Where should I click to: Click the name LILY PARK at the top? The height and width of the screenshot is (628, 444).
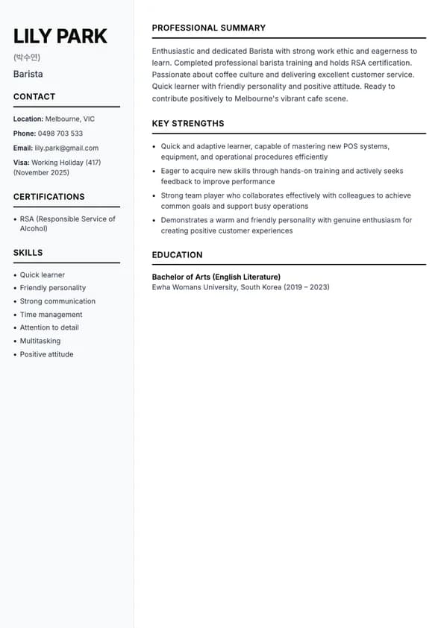pyautogui.click(x=60, y=36)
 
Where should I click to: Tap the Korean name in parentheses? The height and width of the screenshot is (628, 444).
pyautogui.click(x=27, y=57)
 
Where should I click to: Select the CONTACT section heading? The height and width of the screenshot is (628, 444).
pyautogui.click(x=34, y=96)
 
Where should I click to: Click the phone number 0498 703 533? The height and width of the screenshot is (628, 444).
pyautogui.click(x=60, y=134)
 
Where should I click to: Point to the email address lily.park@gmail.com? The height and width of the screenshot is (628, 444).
pyautogui.click(x=66, y=148)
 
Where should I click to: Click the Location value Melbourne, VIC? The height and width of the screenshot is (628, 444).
pyautogui.click(x=70, y=119)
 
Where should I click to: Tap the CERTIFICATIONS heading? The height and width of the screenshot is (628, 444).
pyautogui.click(x=49, y=197)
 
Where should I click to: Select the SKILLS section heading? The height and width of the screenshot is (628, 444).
pyautogui.click(x=28, y=253)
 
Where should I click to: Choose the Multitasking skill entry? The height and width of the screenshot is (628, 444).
pyautogui.click(x=40, y=341)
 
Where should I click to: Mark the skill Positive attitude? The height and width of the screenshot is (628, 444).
pyautogui.click(x=47, y=354)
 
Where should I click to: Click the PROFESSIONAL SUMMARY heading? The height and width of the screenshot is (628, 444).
pyautogui.click(x=209, y=28)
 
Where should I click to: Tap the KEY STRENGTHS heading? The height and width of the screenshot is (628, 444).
pyautogui.click(x=188, y=124)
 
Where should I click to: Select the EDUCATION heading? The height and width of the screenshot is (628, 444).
pyautogui.click(x=178, y=255)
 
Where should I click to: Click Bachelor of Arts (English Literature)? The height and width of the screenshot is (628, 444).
pyautogui.click(x=216, y=277)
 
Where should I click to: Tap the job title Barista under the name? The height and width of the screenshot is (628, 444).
pyautogui.click(x=28, y=74)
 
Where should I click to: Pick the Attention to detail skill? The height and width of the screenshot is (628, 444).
pyautogui.click(x=49, y=327)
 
